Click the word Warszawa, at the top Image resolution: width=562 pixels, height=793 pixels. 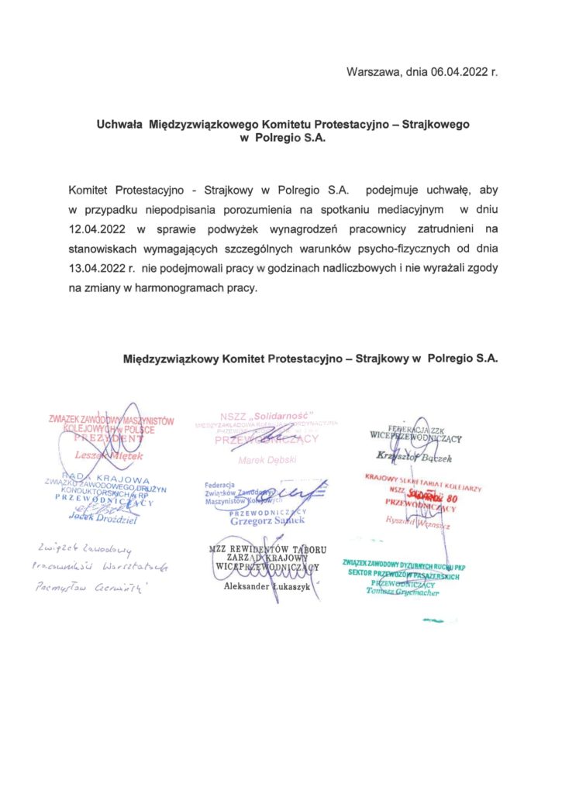[373, 73]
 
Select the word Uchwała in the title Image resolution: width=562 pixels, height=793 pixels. [117, 124]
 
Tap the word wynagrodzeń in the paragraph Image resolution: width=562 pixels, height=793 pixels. [308, 229]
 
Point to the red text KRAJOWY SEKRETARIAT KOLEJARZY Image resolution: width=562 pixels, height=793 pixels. [424, 478]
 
